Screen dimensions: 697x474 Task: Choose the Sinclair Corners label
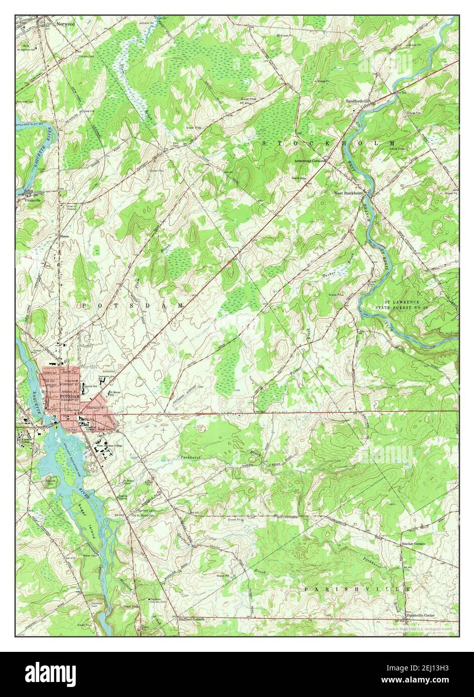point(413,544)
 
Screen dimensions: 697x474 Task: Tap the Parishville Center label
point(420,615)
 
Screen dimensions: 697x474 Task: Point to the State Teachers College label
point(109,446)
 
